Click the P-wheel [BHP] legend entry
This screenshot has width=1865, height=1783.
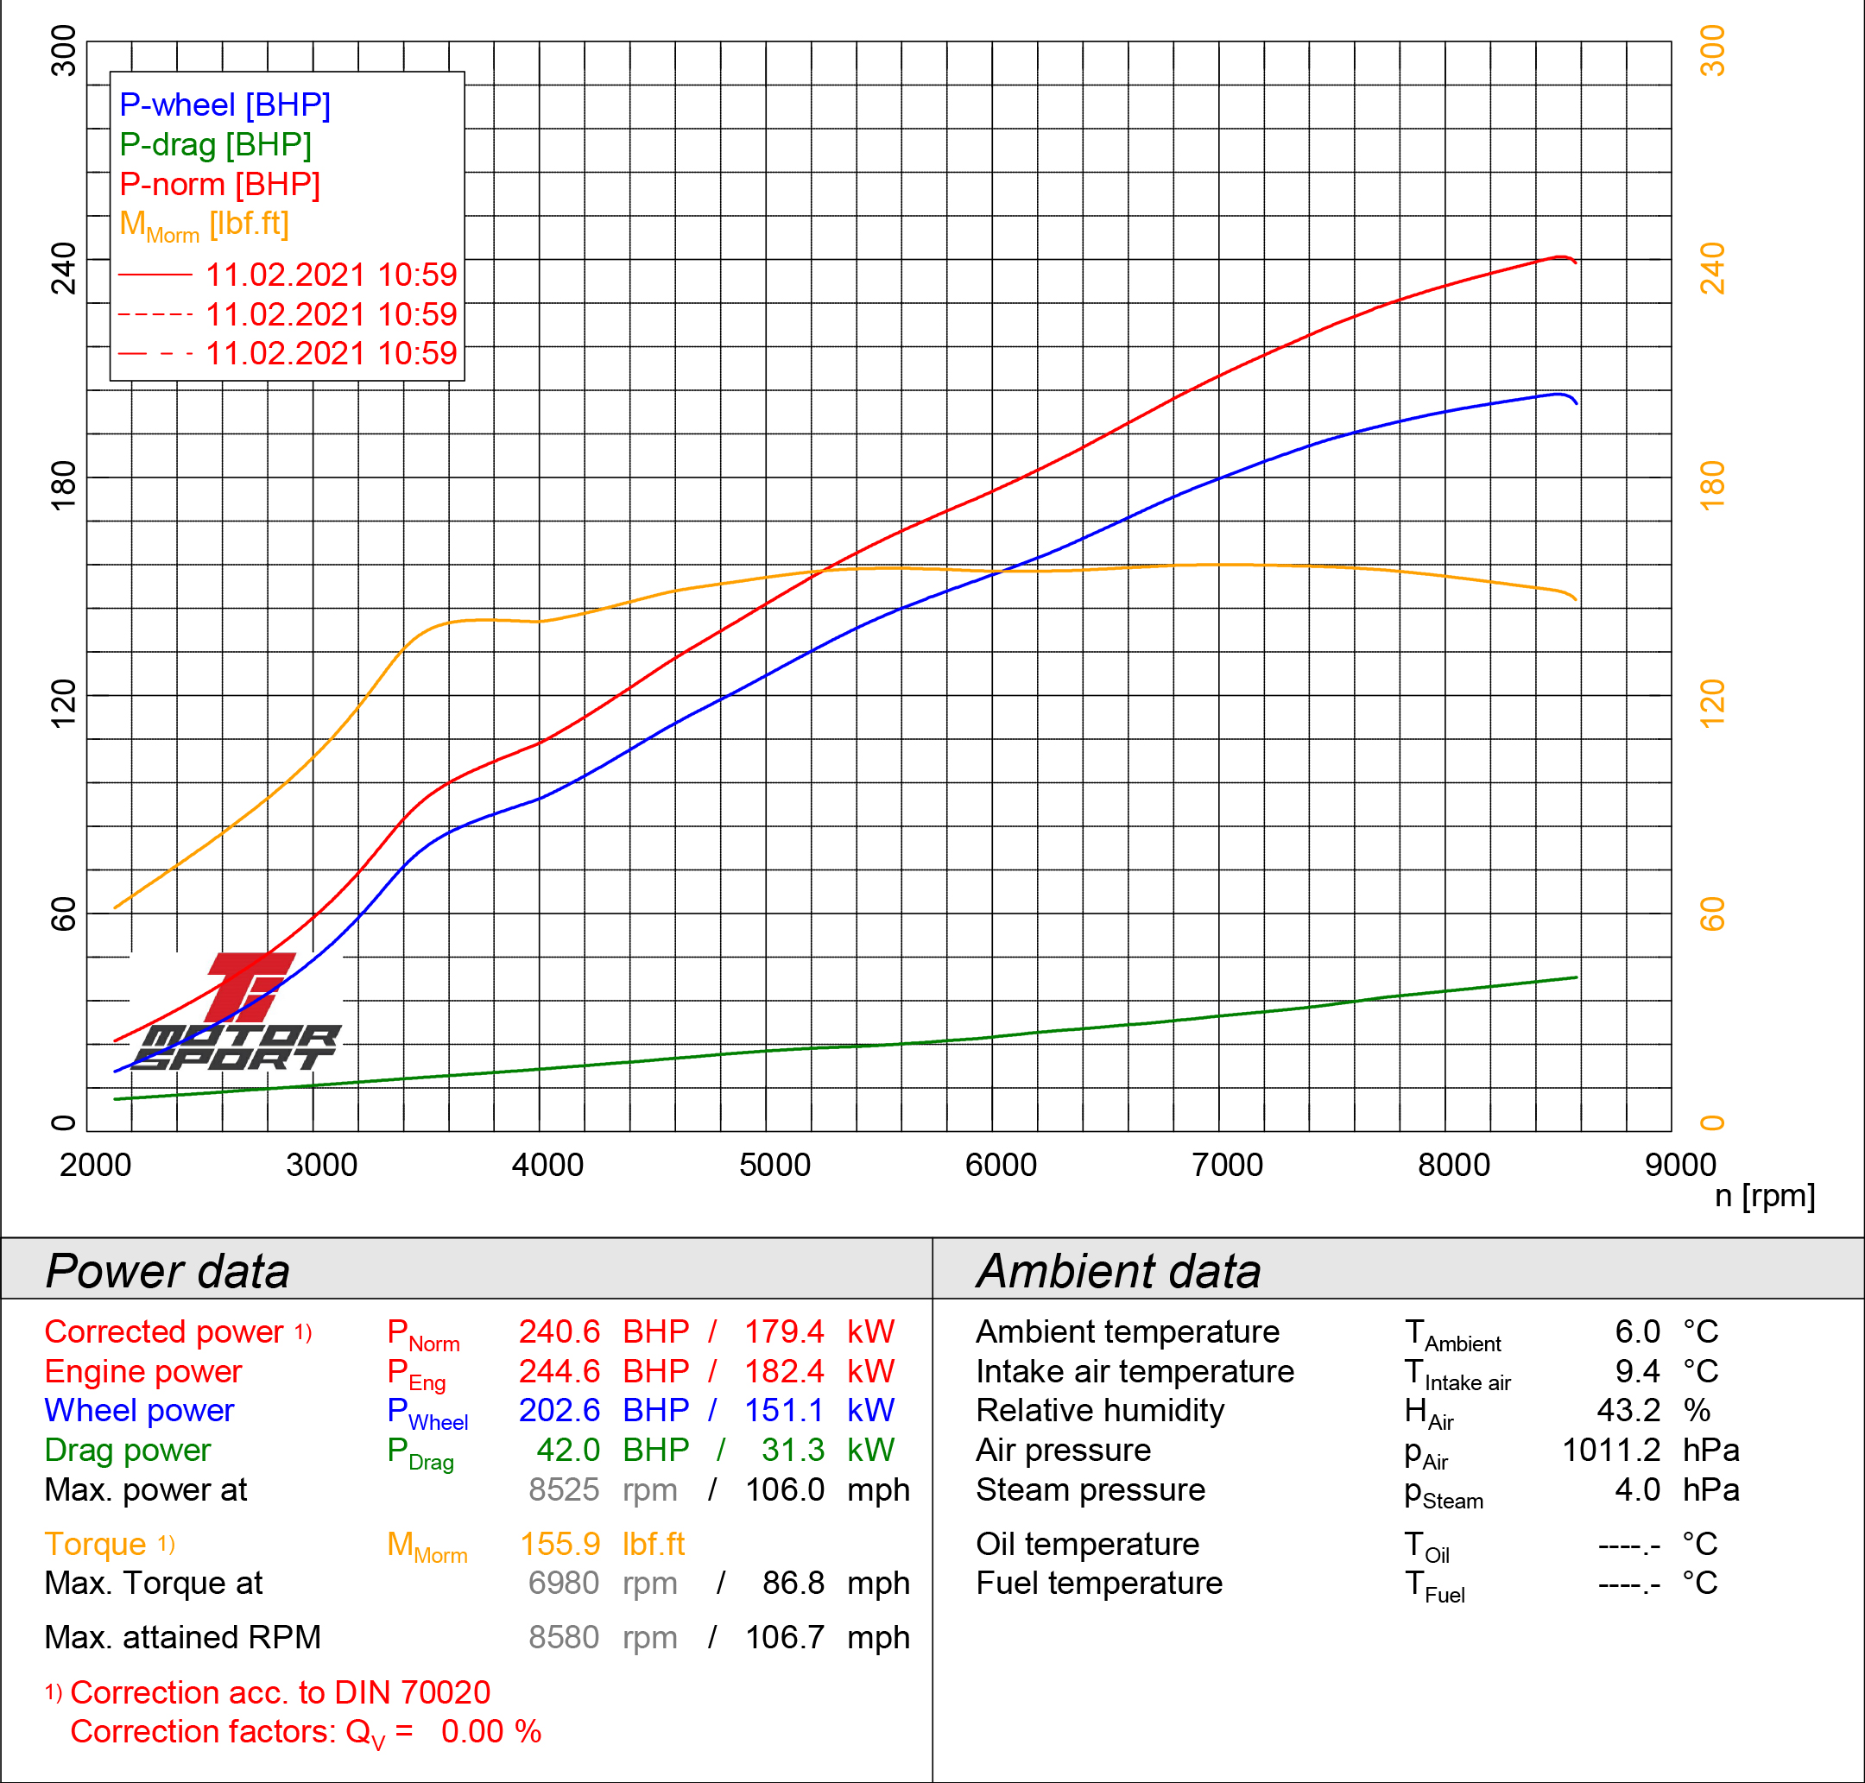coord(224,104)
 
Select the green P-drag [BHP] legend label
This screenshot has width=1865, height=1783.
coord(215,144)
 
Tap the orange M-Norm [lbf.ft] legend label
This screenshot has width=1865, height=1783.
coord(204,224)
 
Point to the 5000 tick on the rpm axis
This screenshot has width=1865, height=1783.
coord(774,1166)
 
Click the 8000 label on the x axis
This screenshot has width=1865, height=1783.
coord(1453,1166)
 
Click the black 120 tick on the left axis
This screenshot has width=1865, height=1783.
coord(63,704)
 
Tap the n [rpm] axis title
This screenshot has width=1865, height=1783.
coord(1764,1196)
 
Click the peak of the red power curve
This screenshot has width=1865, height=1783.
coord(1559,256)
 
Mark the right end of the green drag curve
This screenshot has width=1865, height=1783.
coord(1576,977)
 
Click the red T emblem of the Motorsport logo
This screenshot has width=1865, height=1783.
coord(247,984)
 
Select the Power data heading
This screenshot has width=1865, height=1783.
coord(168,1271)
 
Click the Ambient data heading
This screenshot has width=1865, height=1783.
coord(1118,1271)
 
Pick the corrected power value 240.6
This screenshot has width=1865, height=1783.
coord(559,1331)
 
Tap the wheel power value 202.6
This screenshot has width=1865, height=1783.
coord(559,1411)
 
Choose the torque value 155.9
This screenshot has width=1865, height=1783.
coord(559,1545)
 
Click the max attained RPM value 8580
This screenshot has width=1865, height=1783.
coord(564,1638)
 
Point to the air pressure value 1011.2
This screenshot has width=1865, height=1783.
coord(1611,1451)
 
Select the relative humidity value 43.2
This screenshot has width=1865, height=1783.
coord(1628,1411)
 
